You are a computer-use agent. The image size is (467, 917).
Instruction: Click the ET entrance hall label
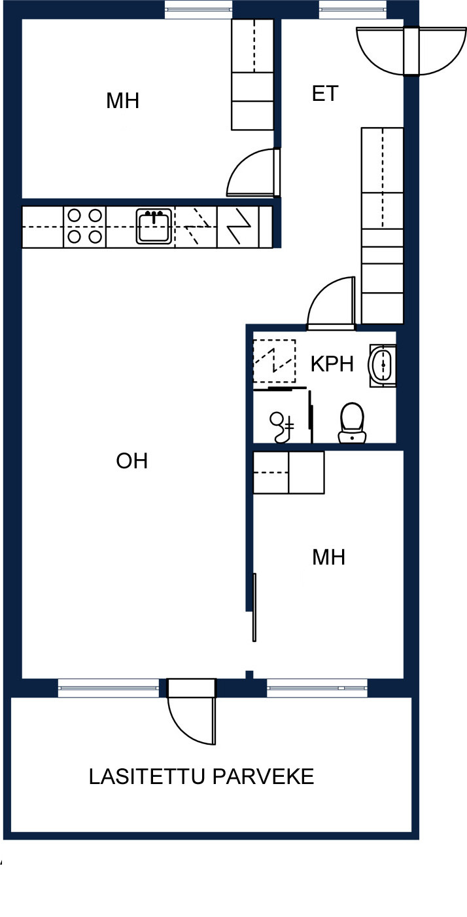(325, 94)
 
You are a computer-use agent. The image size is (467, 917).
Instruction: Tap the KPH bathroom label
(332, 364)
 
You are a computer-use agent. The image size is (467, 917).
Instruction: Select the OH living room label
(131, 461)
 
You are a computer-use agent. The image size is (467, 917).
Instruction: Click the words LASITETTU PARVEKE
(201, 777)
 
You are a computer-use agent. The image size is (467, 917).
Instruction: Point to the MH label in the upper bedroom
(123, 101)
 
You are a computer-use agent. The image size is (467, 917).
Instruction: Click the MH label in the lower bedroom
(329, 557)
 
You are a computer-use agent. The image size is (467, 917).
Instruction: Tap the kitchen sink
(154, 227)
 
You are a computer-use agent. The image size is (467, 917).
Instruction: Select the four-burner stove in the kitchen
(84, 227)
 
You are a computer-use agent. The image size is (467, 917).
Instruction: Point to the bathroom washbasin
(383, 365)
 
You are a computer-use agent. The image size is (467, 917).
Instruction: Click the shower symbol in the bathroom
(281, 427)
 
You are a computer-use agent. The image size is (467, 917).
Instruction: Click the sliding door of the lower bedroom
(254, 607)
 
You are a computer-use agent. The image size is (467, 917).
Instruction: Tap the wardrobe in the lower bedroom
(288, 472)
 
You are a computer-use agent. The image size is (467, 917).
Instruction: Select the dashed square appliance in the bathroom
(275, 361)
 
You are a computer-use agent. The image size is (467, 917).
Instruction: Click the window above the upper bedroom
(198, 9)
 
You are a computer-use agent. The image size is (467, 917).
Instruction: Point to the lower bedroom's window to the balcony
(317, 688)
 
